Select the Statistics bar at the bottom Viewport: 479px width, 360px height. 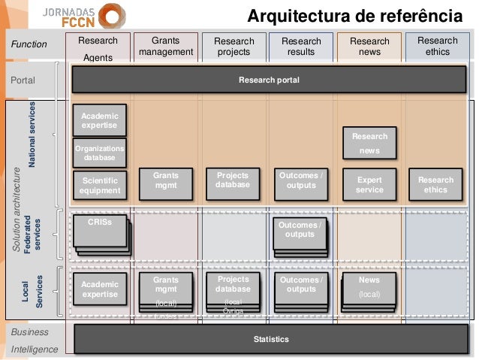(x=270, y=340)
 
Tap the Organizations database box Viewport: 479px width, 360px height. (x=99, y=153)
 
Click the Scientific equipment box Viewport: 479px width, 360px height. (x=100, y=186)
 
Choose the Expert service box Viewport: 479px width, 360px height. (x=369, y=185)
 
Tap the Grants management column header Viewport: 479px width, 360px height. (x=166, y=47)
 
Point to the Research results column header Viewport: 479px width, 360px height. (x=301, y=47)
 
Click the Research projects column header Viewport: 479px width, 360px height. (x=234, y=47)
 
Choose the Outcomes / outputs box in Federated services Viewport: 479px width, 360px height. (x=301, y=233)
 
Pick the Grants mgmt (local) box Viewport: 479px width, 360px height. (x=166, y=290)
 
